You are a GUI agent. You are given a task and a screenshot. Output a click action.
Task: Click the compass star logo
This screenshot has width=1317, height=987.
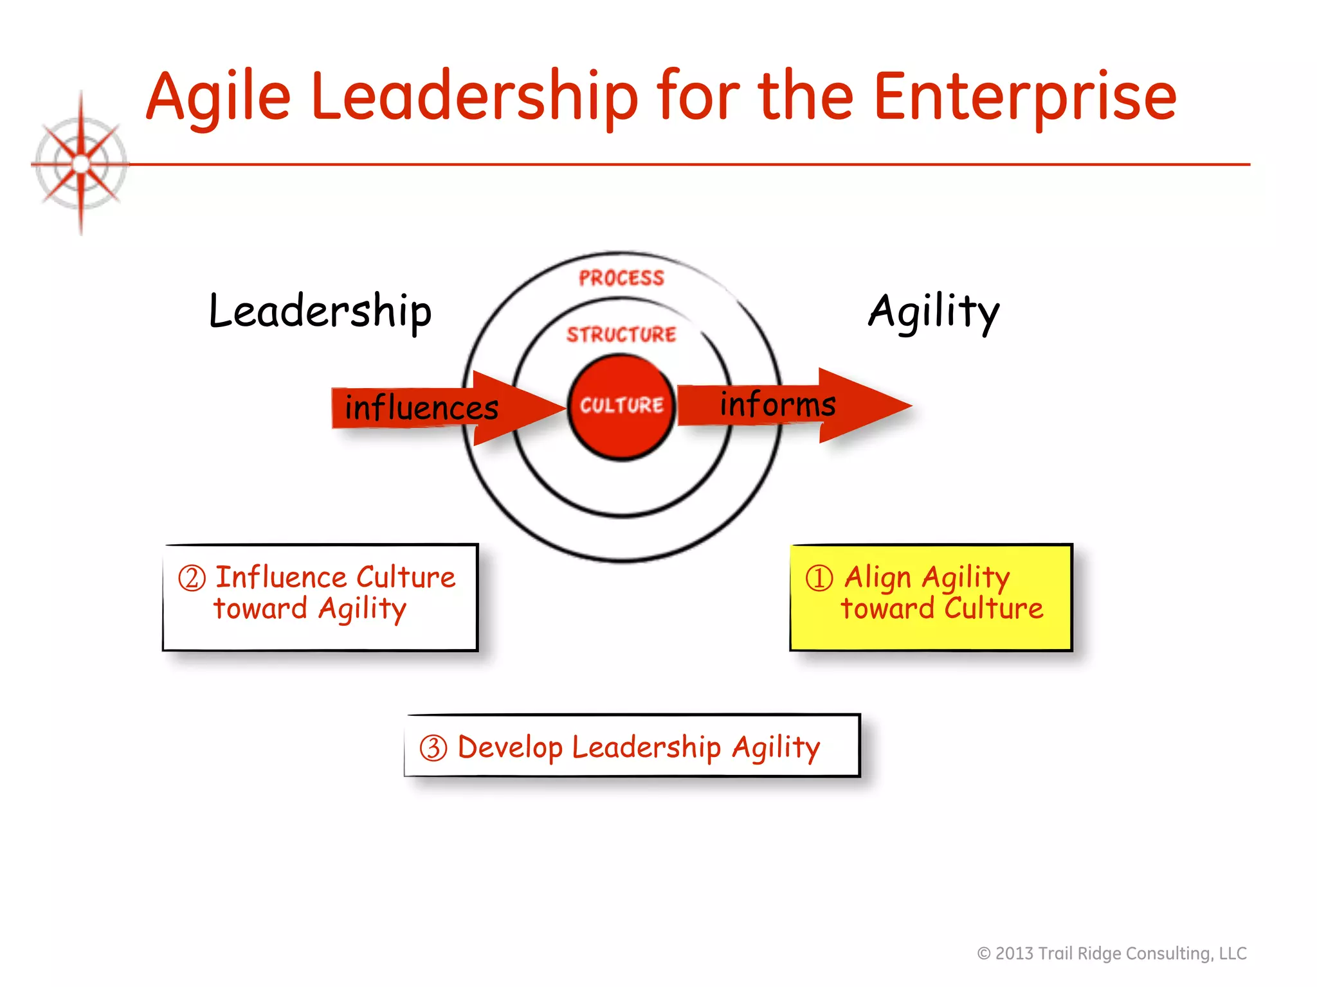pyautogui.click(x=81, y=164)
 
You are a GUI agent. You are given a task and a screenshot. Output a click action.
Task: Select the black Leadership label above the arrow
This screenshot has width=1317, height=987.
pyautogui.click(x=320, y=311)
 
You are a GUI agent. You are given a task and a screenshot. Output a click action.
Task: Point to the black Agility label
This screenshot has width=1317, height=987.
pyautogui.click(x=934, y=311)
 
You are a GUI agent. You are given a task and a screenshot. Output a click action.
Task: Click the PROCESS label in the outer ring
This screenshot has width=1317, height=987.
pyautogui.click(x=621, y=278)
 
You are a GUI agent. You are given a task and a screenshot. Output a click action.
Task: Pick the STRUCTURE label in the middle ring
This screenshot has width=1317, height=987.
pyautogui.click(x=621, y=334)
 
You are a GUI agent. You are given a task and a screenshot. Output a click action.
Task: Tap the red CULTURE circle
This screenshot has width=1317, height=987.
pyautogui.click(x=621, y=406)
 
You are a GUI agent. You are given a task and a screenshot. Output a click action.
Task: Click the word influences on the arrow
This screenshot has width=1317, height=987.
pyautogui.click(x=421, y=407)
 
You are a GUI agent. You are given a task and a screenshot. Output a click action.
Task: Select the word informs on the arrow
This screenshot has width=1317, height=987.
pyautogui.click(x=777, y=404)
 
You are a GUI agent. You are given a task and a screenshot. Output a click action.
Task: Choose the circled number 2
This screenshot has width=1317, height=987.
pyautogui.click(x=192, y=578)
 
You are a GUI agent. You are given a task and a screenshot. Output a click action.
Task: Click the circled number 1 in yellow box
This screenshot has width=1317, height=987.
pyautogui.click(x=819, y=578)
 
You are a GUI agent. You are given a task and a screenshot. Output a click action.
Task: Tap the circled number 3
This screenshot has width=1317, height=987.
pyautogui.click(x=433, y=748)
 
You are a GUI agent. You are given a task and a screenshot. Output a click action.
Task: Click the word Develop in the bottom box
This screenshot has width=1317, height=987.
pyautogui.click(x=510, y=748)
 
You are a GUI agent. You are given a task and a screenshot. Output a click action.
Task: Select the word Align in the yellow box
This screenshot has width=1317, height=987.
pyautogui.click(x=878, y=577)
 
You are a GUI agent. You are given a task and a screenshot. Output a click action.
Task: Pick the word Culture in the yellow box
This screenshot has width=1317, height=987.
pyautogui.click(x=994, y=608)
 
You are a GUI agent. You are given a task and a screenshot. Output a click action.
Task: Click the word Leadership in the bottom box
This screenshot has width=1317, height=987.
pyautogui.click(x=646, y=747)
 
